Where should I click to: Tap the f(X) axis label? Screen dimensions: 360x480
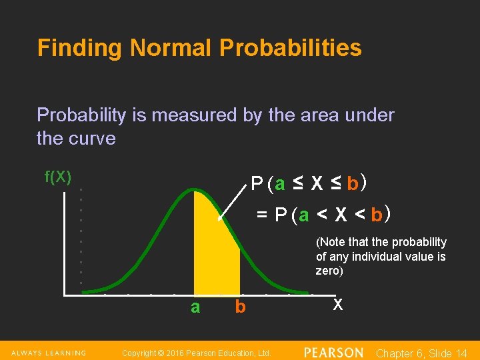click(58, 177)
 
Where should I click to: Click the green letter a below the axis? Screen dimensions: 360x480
click(195, 307)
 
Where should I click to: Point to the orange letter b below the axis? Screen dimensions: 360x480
click(240, 307)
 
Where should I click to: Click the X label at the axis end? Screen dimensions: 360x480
click(338, 305)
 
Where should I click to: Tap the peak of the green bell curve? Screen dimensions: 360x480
click(193, 190)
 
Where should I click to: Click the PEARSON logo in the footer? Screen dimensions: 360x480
click(333, 352)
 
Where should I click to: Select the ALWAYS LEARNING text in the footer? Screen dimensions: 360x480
click(47, 353)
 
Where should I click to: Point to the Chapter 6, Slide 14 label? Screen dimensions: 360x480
click(422, 353)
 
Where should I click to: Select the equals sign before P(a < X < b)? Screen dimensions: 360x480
click(263, 215)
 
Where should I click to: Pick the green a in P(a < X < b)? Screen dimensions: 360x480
click(304, 215)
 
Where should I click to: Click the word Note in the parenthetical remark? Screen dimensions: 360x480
click(333, 242)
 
